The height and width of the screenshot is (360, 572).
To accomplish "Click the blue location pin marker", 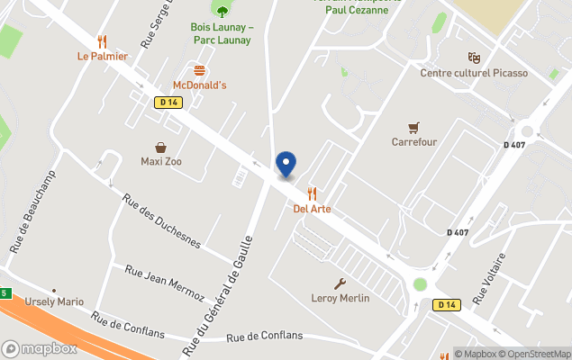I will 286,163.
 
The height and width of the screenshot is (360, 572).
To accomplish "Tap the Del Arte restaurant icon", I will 313,193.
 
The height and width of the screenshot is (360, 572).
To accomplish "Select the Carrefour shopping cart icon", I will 413,127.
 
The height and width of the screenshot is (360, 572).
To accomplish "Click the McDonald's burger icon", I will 199,70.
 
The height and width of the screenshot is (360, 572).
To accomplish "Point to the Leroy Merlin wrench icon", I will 340,283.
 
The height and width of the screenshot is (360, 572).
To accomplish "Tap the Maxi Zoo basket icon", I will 161,148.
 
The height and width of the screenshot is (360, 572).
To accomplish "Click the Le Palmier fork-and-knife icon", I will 102,41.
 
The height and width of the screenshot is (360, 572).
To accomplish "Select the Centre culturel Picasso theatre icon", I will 474,58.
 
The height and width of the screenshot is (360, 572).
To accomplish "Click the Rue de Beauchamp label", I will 32,211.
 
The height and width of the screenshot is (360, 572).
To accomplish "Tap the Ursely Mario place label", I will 54,301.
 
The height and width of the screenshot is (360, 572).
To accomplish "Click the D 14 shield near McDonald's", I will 168,103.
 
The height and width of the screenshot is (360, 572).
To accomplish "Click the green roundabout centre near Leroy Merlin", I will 420,284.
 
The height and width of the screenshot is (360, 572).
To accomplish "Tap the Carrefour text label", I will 413,142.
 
